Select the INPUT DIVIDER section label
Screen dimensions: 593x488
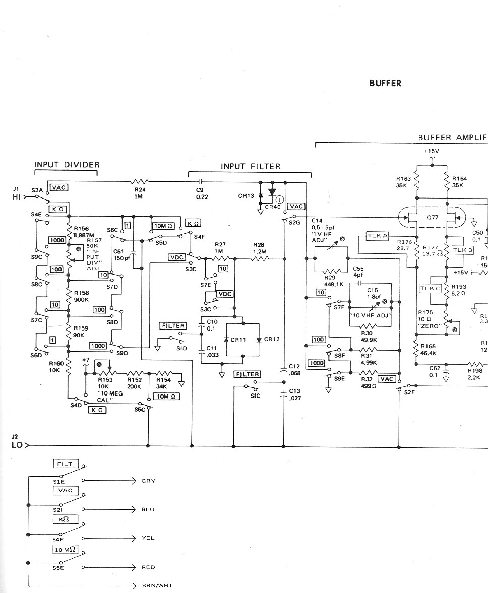coord(67,165)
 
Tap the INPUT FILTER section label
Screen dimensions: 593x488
coord(250,166)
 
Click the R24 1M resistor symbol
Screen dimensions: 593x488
coord(140,182)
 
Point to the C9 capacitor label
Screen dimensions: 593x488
coord(200,193)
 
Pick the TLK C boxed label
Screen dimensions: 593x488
coord(430,288)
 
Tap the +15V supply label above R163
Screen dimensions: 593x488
coord(432,151)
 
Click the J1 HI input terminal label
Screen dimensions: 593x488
coord(17,193)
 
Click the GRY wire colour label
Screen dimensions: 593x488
coord(148,481)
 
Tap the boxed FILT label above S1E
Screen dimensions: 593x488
coord(65,464)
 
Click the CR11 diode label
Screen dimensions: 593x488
coord(237,340)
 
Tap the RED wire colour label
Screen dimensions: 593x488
coord(148,567)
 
